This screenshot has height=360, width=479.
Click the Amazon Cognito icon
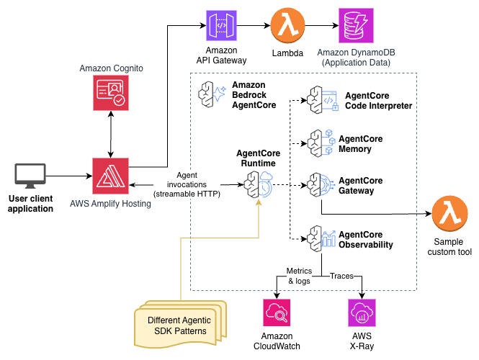tap(110, 94)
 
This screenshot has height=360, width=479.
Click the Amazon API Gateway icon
tap(222, 27)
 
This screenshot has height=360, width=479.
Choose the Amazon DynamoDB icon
tap(357, 27)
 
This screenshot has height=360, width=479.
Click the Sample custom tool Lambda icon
tap(448, 215)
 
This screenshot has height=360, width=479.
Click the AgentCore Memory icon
tap(318, 143)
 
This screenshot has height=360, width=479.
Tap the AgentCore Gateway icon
tap(318, 185)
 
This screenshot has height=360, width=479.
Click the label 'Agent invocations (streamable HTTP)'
tap(187, 184)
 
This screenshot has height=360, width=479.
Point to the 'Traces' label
tap(344, 276)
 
